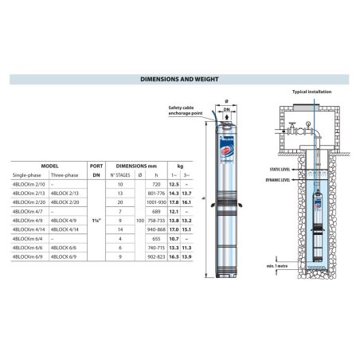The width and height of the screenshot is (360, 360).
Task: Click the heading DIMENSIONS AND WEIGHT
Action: point(179,80)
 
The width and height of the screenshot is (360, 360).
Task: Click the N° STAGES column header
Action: point(119,173)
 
